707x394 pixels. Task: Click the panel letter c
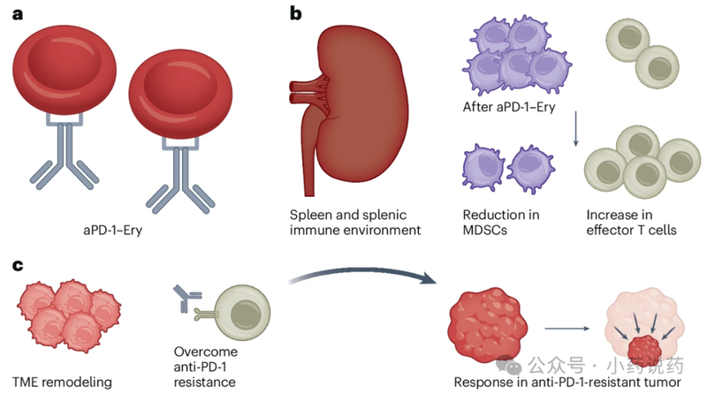pyautogui.click(x=18, y=266)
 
